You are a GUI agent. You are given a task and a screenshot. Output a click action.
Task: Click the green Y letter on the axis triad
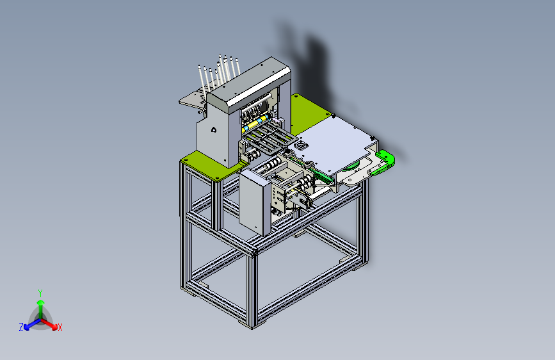coord(40,293)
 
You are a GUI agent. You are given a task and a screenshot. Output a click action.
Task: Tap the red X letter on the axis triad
coord(60,328)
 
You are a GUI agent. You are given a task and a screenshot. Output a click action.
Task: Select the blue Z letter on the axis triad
coord(21,327)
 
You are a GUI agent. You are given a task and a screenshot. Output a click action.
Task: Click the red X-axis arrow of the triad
coord(49,324)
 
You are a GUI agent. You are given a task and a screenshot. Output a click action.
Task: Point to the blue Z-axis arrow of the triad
coord(32,324)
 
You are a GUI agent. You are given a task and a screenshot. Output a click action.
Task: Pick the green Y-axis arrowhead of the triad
coord(41,302)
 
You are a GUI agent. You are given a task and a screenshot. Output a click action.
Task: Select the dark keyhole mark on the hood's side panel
coord(214,129)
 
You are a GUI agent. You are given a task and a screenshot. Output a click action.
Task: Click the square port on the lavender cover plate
coord(302,145)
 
